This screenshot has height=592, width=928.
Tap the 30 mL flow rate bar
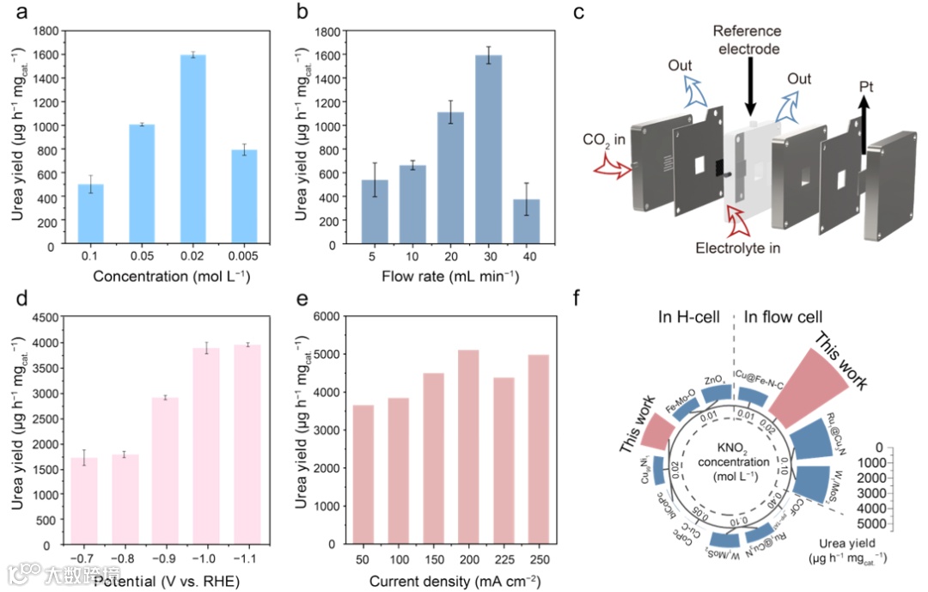(x=490, y=150)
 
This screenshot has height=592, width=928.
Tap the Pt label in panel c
(x=870, y=87)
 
